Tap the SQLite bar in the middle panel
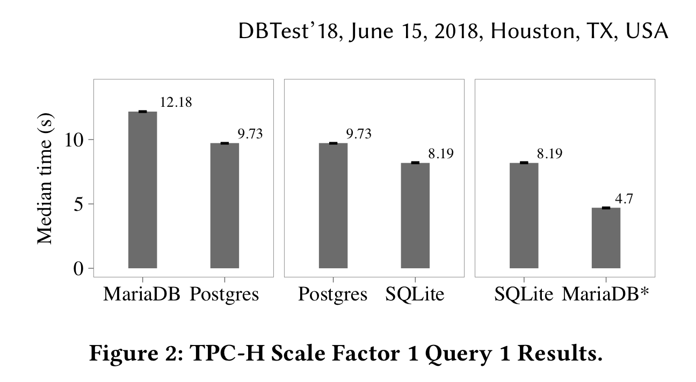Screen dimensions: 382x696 (415, 215)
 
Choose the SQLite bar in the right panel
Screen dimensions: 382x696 (524, 215)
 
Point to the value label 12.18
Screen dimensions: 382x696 (176, 102)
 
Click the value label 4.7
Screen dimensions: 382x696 (624, 199)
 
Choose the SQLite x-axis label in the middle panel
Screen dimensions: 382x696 (415, 295)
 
